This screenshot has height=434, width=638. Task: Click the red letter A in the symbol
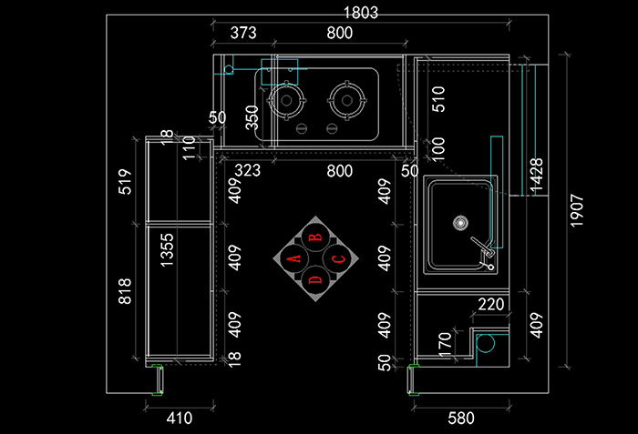point(294,258)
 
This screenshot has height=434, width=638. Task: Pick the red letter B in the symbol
point(315,237)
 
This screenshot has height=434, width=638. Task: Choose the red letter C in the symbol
point(338,259)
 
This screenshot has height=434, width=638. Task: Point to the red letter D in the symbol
point(316,280)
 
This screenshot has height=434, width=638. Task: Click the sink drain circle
point(461,221)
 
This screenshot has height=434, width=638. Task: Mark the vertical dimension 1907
point(578,210)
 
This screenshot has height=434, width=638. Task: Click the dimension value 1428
point(537,176)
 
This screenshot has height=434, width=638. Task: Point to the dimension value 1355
point(169,249)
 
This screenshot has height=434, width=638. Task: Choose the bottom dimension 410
point(180,419)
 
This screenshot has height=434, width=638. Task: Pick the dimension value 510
point(438,98)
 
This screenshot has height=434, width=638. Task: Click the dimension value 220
point(491,305)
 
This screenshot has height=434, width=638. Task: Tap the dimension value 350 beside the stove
point(252,117)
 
